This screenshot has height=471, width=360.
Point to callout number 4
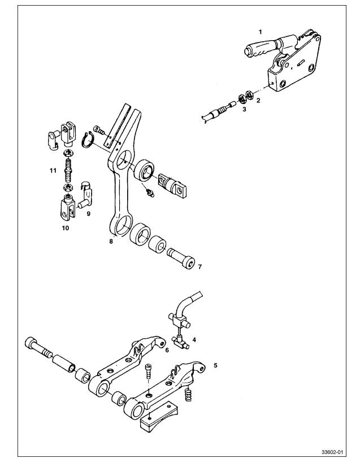click(194, 340)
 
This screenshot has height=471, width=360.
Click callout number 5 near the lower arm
click(215, 365)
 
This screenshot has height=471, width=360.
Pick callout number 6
click(167, 350)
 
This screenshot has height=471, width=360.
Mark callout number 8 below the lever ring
click(111, 241)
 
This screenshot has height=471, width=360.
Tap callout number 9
click(88, 214)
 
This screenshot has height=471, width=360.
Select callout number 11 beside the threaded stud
click(52, 170)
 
